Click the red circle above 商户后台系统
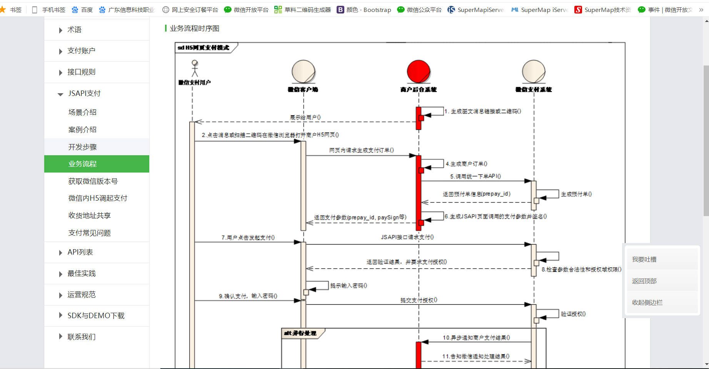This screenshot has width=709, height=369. pos(418,71)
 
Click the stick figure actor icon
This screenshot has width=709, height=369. pos(195,69)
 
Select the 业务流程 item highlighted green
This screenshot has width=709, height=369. pos(82,164)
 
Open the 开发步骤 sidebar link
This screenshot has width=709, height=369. pos(82,147)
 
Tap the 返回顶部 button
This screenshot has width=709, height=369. pos(644,281)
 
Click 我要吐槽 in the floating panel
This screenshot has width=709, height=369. pos(644,260)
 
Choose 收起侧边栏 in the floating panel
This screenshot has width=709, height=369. pos(647,303)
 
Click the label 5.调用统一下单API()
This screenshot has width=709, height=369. pos(475,176)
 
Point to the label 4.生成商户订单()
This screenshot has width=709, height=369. pos(466,164)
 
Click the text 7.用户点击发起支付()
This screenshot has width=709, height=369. pos(248,238)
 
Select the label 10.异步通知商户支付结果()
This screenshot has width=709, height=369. pos(476,338)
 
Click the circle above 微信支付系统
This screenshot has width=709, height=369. pos(533,71)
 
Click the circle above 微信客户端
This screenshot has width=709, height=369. pos(303,71)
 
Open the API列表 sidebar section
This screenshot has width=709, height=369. pos(80,252)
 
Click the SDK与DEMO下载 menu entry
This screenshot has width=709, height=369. pos(96,316)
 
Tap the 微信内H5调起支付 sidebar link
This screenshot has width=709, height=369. pos(98,198)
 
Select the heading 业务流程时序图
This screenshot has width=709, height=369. pos(194,29)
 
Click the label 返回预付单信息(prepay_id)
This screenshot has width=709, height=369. pos(476,194)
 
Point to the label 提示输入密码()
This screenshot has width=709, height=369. pos(349,286)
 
